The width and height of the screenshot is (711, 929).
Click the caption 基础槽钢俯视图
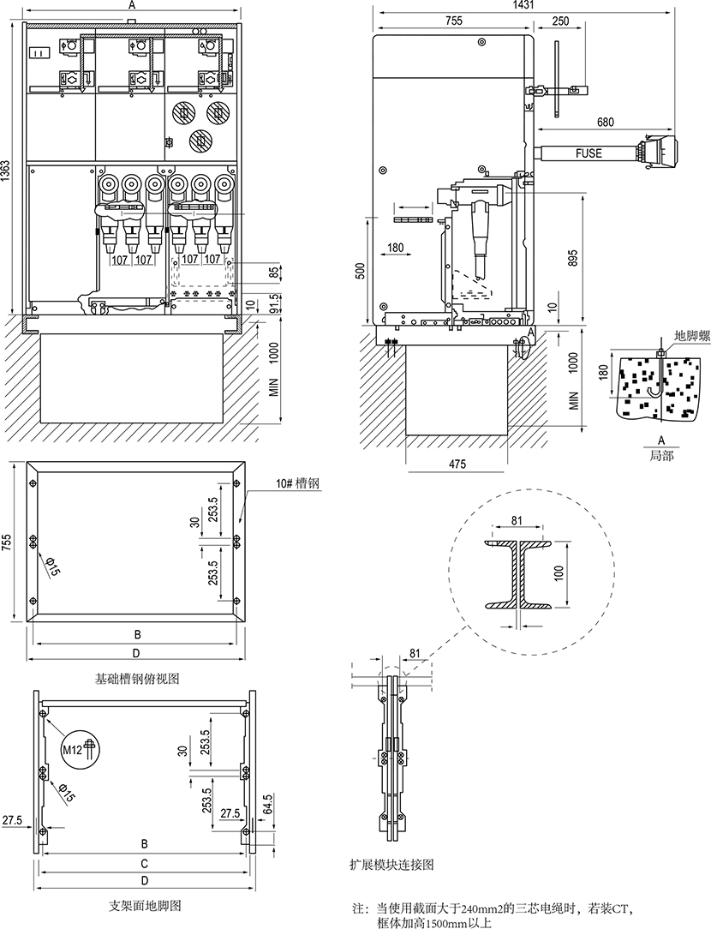pos(137,679)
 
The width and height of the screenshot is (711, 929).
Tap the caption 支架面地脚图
pos(144,905)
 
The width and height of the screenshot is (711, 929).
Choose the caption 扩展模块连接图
pos(391,865)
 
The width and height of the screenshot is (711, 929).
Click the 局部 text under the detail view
pos(661,456)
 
